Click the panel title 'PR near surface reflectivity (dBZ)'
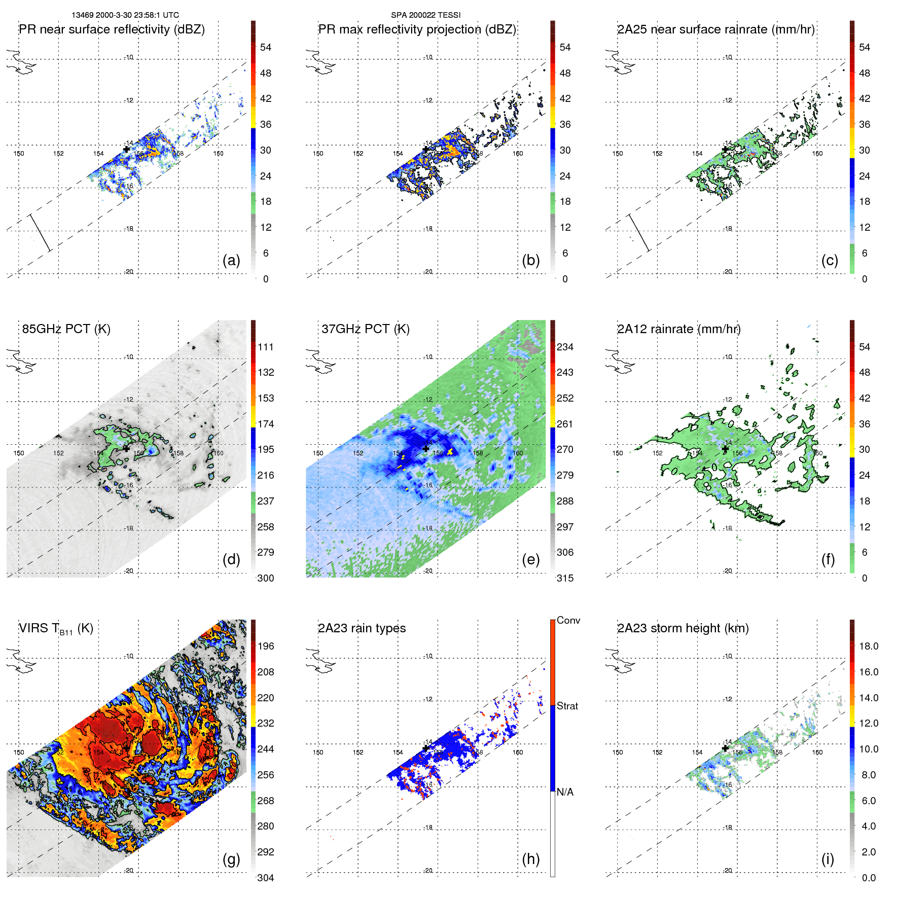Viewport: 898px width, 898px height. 112,29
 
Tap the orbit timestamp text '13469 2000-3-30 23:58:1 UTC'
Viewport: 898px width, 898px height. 125,15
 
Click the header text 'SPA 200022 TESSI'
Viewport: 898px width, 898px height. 425,15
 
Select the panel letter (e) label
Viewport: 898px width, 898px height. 530,559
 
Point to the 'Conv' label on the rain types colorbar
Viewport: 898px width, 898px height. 568,620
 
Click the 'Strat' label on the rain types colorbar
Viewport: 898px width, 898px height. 567,706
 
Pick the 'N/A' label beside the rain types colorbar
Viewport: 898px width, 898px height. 565,792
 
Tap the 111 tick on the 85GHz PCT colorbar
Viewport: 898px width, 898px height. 266,347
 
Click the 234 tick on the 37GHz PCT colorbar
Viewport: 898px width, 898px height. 565,347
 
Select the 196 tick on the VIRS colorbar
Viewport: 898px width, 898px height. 266,646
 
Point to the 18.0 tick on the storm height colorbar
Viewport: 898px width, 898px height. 869,646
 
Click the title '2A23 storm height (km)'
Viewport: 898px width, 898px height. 683,628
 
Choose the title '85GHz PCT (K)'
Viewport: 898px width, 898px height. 66,329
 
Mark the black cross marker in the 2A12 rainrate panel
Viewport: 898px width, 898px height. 725,449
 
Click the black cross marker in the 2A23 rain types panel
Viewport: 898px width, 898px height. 426,748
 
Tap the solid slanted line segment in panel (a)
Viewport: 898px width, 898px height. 41,233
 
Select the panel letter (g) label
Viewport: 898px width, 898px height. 231,859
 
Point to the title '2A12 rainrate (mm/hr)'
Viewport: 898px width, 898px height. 679,329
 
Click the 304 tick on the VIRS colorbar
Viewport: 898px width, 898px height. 266,878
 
